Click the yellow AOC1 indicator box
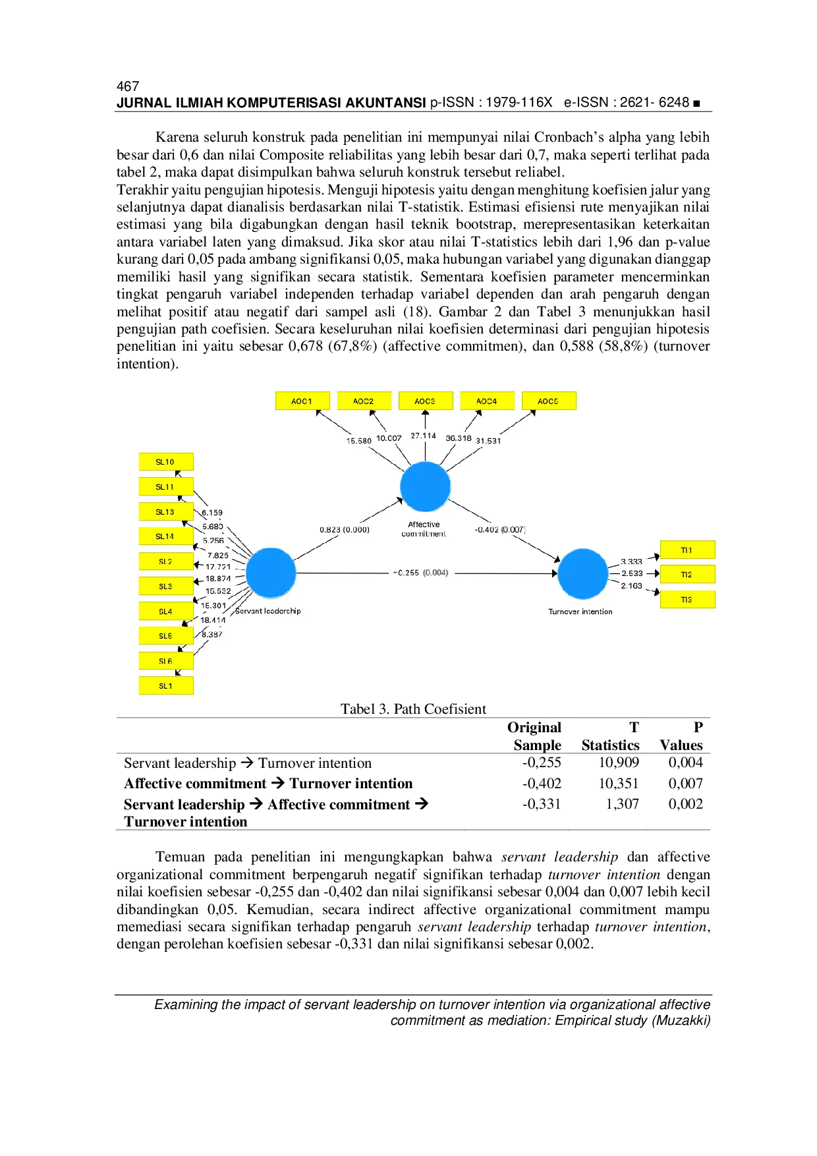[x=302, y=401]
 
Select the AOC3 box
[x=425, y=401]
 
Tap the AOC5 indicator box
[x=548, y=401]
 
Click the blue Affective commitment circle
[x=425, y=486]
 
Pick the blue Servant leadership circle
[x=271, y=573]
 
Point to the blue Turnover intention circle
[x=582, y=573]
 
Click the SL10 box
[x=165, y=462]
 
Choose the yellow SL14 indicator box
[x=165, y=536]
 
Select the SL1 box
[x=165, y=686]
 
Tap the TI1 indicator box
[x=687, y=550]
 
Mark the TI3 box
[x=687, y=600]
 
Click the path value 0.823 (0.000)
[x=345, y=530]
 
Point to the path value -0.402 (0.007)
[x=500, y=530]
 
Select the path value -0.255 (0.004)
[x=422, y=573]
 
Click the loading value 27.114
[x=424, y=436]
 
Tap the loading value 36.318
[x=459, y=438]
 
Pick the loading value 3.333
[x=631, y=562]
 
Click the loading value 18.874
[x=218, y=579]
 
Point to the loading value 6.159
[x=212, y=513]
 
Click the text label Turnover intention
[x=580, y=612]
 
